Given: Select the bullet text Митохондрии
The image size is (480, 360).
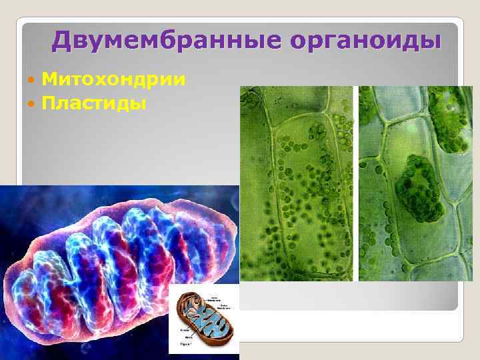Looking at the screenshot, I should (113, 81).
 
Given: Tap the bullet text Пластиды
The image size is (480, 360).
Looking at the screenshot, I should (94, 104).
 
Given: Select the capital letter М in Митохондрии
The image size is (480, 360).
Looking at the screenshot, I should (49, 81).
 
